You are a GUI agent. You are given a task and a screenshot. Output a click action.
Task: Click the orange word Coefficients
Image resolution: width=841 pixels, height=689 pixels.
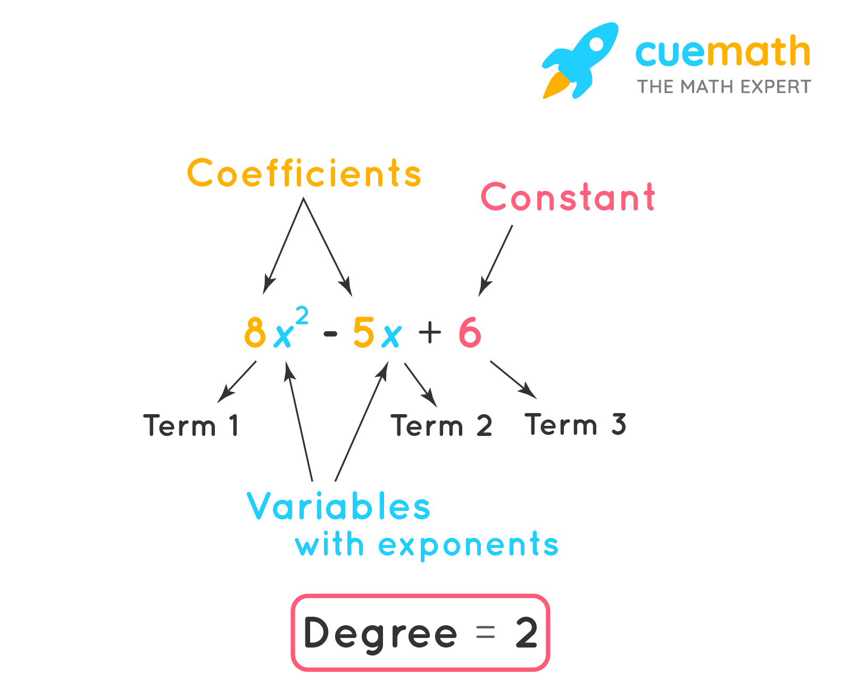304,173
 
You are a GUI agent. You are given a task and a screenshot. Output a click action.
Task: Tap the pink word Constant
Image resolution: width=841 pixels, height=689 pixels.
568,197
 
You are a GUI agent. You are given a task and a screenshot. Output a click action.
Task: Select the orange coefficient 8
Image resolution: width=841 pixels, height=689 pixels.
255,333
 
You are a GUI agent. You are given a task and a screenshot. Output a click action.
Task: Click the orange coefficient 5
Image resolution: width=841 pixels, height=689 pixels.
364,333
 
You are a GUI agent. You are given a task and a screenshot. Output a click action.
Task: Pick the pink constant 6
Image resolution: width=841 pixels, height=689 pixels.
470,333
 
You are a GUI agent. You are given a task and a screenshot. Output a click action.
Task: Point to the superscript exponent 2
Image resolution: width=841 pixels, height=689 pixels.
302,317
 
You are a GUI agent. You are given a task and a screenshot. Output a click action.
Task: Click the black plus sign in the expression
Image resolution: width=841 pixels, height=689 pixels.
430,333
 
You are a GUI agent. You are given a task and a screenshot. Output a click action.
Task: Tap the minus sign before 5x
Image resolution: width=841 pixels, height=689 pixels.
330,334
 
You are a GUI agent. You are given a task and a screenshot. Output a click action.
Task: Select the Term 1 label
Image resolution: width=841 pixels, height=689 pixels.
191,426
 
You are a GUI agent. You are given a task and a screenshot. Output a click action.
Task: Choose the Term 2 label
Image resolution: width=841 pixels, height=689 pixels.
442,426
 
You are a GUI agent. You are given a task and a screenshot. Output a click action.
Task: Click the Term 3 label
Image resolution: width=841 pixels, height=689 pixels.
576,424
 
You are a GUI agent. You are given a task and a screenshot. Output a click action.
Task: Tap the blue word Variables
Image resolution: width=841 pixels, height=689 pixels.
338,507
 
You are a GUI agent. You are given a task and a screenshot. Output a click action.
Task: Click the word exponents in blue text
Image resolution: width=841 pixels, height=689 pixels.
468,545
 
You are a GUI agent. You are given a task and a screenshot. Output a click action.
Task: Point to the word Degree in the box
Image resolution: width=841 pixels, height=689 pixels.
380,633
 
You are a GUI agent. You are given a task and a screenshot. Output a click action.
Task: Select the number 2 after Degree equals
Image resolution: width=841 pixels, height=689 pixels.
526,633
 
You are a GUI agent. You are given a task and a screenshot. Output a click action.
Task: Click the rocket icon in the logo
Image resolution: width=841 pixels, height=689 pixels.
580,60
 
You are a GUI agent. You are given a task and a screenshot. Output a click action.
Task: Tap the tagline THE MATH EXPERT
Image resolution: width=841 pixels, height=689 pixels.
724,87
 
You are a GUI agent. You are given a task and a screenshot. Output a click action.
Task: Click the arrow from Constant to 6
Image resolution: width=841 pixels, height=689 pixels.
496,261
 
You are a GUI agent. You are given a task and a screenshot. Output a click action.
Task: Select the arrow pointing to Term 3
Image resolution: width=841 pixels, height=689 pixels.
513,380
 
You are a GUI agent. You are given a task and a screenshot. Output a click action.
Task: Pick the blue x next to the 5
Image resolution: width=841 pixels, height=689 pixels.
392,335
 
